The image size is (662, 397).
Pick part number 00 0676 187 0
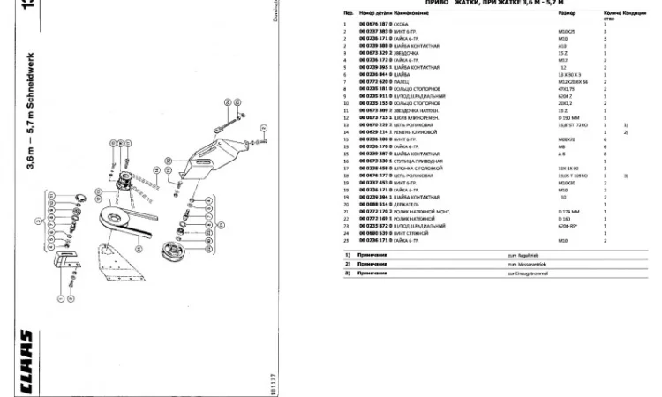coord(374,23)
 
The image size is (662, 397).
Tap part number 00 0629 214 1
coord(374,132)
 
